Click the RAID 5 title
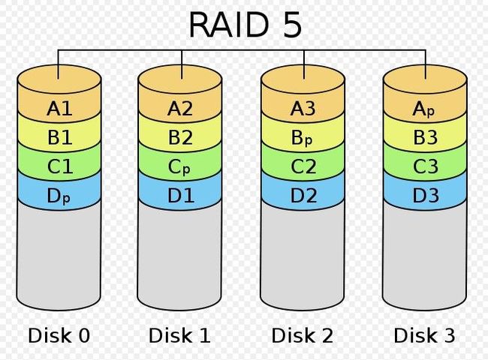tap(246, 25)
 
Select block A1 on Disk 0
tap(59, 109)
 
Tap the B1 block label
tap(60, 137)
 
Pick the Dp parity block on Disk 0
tap(59, 196)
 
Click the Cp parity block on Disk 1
tap(179, 167)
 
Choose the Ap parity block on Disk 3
tap(425, 109)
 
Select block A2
tap(179, 109)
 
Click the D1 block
tap(179, 196)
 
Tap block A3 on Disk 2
tap(303, 109)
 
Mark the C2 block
tap(303, 166)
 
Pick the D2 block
tap(303, 196)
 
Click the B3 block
tap(425, 137)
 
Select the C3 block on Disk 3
tap(425, 166)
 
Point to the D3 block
tap(425, 196)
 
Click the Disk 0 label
tap(59, 335)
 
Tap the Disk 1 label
tap(179, 335)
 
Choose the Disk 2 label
tap(303, 335)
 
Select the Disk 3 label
tap(424, 335)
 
